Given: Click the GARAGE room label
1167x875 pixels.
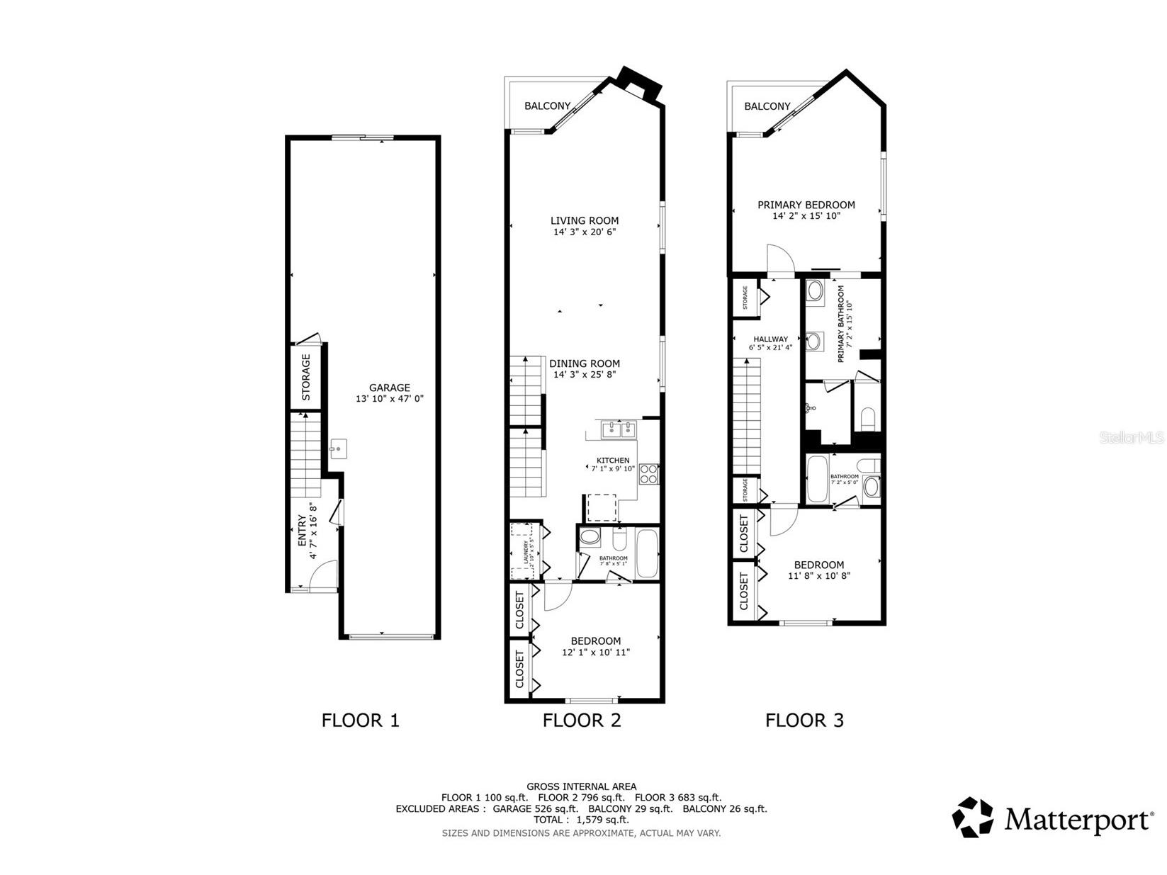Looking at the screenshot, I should (x=389, y=388).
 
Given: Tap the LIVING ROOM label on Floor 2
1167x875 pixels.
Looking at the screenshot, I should (x=585, y=220).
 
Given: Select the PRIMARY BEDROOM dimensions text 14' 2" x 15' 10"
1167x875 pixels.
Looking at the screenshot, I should (x=806, y=216).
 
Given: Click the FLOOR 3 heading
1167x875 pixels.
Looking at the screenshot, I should (x=804, y=721).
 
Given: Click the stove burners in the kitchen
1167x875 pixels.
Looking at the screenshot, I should (x=648, y=473).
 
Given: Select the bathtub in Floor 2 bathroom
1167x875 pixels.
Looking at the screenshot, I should (x=648, y=553).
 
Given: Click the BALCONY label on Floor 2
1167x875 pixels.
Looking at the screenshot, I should (x=547, y=106).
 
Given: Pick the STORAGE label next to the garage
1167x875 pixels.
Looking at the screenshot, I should (x=306, y=377).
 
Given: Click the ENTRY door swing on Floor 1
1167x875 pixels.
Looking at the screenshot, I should (x=325, y=573).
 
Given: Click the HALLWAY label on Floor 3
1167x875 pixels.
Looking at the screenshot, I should (x=771, y=339).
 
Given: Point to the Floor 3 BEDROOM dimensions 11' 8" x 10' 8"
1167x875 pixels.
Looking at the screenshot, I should (x=818, y=576).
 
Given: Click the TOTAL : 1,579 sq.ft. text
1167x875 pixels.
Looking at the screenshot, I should (x=581, y=820).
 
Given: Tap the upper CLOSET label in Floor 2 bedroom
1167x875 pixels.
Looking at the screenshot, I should (x=519, y=611).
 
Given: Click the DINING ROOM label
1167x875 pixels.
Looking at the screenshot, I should (x=585, y=363).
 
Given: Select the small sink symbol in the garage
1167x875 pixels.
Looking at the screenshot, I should (x=339, y=448).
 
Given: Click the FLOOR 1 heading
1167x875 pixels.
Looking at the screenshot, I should (x=360, y=721).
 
